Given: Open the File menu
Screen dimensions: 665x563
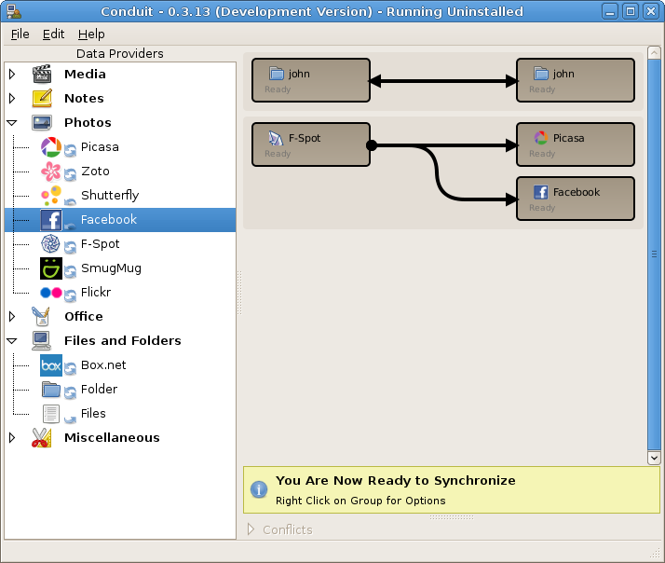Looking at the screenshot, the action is [x=20, y=34].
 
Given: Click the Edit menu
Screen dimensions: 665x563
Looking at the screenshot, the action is [x=53, y=34].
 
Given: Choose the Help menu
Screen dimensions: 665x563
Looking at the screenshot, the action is [x=91, y=34].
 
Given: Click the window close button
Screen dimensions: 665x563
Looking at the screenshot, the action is [x=651, y=11].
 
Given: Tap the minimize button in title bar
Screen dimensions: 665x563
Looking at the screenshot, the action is [x=610, y=11].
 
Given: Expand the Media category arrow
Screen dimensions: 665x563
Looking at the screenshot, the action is [x=12, y=75].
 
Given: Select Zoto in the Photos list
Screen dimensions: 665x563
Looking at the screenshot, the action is [x=95, y=172].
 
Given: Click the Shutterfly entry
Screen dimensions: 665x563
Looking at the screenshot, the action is [x=110, y=196].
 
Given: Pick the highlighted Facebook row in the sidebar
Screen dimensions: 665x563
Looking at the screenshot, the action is [x=120, y=220].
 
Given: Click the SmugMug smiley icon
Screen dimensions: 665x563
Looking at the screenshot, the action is [x=51, y=268].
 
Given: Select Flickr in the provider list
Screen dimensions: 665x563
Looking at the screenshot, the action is [x=96, y=293].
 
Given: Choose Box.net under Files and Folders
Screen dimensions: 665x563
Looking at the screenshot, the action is [x=103, y=365].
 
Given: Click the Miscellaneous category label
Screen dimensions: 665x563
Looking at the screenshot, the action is [x=112, y=438].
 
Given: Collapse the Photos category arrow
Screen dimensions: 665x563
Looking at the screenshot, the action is [x=12, y=123].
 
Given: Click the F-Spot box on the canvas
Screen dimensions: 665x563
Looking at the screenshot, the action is [x=311, y=144].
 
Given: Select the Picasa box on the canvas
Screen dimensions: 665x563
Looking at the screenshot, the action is [x=576, y=144].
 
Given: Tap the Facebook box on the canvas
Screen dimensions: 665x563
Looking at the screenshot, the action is [x=576, y=199].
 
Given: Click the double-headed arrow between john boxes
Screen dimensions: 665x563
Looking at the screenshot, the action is [x=443, y=81].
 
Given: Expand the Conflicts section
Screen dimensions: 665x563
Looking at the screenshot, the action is [x=251, y=529].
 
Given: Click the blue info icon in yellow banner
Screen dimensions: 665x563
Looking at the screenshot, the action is [x=259, y=489].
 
